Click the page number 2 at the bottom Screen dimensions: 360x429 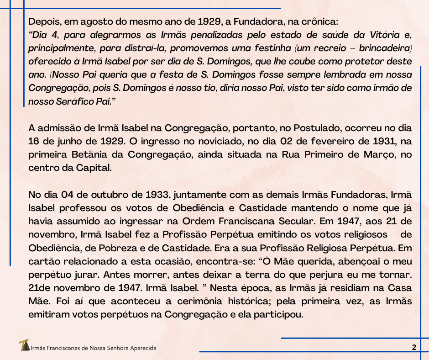point(414,347)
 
